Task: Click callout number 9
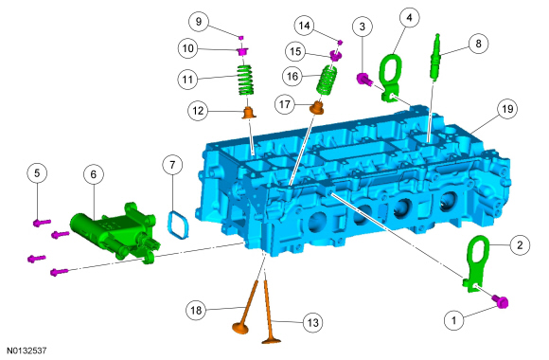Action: point(199,22)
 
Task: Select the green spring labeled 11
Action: point(246,81)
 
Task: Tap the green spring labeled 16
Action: point(327,81)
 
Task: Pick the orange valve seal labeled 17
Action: point(317,108)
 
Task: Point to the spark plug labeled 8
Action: point(434,57)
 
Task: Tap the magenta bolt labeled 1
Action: point(501,301)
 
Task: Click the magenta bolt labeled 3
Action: point(363,79)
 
